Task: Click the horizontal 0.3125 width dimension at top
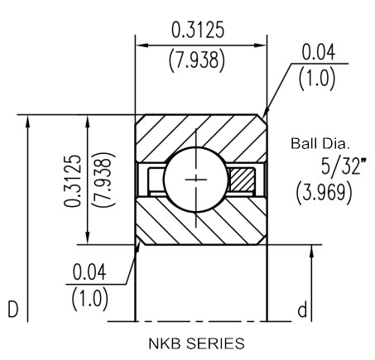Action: (x=198, y=30)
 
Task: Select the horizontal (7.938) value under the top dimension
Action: (x=197, y=60)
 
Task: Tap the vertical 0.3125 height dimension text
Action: (x=73, y=180)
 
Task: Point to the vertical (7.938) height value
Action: (x=103, y=180)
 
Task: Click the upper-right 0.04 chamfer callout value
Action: (x=319, y=52)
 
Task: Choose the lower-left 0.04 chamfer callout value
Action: (x=89, y=271)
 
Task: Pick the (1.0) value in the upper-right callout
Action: (x=317, y=79)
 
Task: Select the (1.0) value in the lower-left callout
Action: (x=89, y=300)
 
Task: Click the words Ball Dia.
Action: (x=320, y=144)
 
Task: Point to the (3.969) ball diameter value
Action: (x=324, y=192)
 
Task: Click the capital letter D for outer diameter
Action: (x=13, y=310)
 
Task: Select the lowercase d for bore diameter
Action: (x=302, y=310)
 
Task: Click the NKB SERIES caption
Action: (x=196, y=343)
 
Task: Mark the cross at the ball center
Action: (x=196, y=180)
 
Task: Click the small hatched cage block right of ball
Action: (x=242, y=180)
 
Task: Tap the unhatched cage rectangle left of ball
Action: (x=156, y=180)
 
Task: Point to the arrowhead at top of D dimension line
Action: (x=27, y=122)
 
